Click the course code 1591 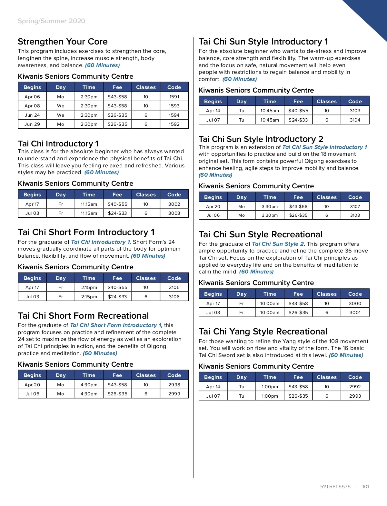[x=174, y=97]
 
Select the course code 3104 [x=355, y=120]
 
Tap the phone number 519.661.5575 [x=335, y=487]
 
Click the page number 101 [x=365, y=487]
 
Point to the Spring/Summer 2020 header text [x=51, y=21]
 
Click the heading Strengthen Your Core [x=63, y=42]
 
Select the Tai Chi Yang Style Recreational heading [x=263, y=332]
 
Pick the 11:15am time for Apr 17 [x=89, y=204]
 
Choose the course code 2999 [x=174, y=394]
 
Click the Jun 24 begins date [x=32, y=115]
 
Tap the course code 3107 [x=355, y=206]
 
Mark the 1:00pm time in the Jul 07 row [x=270, y=396]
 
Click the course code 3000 [x=355, y=303]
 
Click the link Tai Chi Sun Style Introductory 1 [x=324, y=147]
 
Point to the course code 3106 [x=174, y=297]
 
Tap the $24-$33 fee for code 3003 [x=117, y=213]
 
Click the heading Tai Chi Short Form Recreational [x=83, y=316]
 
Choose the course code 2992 [x=355, y=387]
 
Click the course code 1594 [x=174, y=115]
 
